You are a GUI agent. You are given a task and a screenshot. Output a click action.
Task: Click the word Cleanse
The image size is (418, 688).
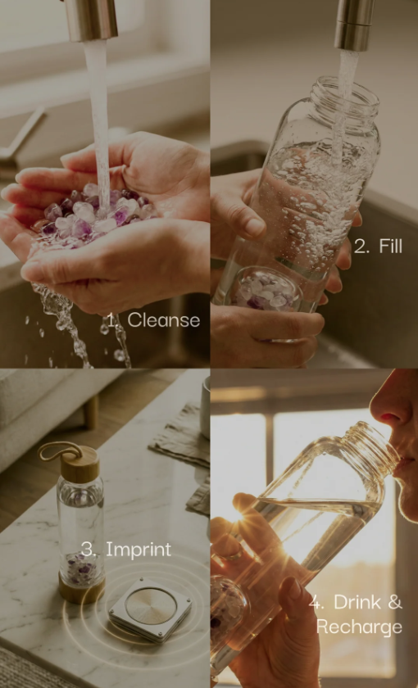pyautogui.click(x=163, y=320)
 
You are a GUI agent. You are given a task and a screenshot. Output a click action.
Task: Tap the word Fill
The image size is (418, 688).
pyautogui.click(x=390, y=247)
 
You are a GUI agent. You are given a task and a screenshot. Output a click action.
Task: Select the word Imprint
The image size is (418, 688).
pyautogui.click(x=139, y=550)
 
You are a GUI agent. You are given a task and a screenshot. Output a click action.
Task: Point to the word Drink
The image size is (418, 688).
pyautogui.click(x=355, y=603)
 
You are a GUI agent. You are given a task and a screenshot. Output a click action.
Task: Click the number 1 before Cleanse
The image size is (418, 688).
pyautogui.click(x=113, y=321)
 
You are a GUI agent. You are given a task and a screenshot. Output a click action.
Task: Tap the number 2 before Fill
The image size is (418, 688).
pyautogui.click(x=361, y=247)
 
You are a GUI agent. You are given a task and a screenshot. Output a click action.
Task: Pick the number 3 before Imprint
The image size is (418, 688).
pyautogui.click(x=89, y=550)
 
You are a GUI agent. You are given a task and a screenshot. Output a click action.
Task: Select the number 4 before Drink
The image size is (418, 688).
pyautogui.click(x=316, y=603)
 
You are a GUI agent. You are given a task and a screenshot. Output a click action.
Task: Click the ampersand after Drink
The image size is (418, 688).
pyautogui.click(x=395, y=603)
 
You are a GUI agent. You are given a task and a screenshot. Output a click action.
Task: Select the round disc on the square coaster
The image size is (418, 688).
pyautogui.click(x=150, y=605)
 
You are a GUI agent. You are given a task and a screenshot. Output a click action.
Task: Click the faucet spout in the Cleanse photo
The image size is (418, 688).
pyautogui.click(x=91, y=20)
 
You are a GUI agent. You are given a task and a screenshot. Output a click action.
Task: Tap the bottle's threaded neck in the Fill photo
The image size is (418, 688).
pyautogui.click(x=345, y=97)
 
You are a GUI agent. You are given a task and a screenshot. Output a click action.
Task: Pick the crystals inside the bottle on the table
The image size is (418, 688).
pyautogui.click(x=81, y=568)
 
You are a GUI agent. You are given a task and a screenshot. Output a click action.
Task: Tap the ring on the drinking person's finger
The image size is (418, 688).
pyautogui.click(x=234, y=555)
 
